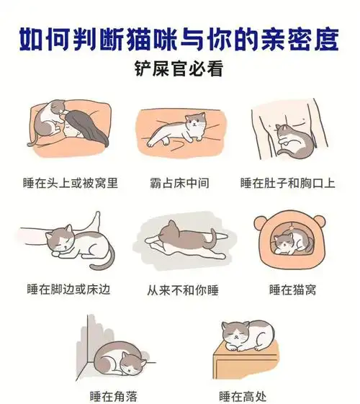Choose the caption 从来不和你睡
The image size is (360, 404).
(179, 289)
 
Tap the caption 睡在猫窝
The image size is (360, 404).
(292, 289)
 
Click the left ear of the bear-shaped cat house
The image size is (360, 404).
(262, 218)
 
